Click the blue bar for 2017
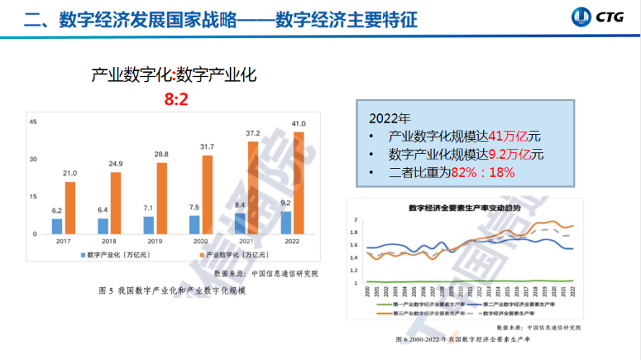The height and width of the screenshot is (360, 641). (x=57, y=226)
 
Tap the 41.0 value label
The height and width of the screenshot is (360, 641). (x=299, y=124)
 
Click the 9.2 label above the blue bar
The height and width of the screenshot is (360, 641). (x=286, y=203)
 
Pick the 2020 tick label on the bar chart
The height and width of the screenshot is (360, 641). (x=200, y=241)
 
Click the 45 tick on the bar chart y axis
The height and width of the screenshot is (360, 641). (x=33, y=122)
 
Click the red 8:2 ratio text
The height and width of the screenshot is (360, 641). (x=176, y=100)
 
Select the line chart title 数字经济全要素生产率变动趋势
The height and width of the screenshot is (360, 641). (x=464, y=208)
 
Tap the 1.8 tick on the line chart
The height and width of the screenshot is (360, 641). (x=354, y=232)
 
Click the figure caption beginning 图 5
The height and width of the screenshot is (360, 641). (x=172, y=291)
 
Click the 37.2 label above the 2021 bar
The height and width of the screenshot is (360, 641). (x=253, y=134)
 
